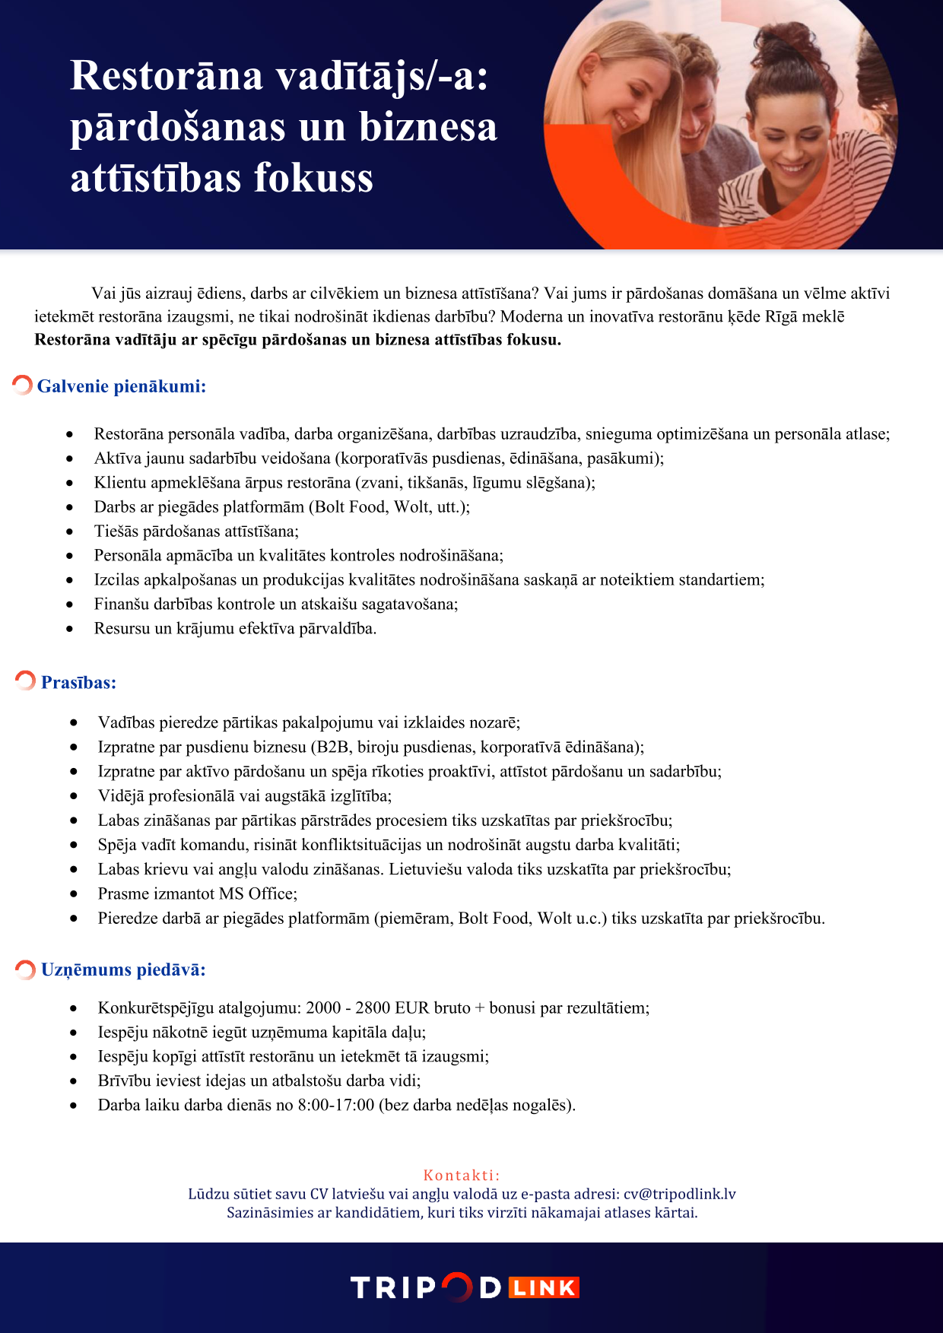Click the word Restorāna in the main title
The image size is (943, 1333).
coord(167,76)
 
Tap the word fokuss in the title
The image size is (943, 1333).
coord(313,178)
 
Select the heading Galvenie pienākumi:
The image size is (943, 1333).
coord(122,386)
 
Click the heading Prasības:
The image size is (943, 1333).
coord(78,683)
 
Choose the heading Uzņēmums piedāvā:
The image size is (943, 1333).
coord(123,970)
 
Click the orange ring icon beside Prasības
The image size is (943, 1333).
coord(25,680)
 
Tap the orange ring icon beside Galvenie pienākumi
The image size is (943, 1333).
coord(22,385)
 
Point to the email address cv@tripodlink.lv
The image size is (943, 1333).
coord(679,1194)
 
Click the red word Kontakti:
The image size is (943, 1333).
coord(461,1175)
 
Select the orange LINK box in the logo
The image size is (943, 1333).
coord(544,1287)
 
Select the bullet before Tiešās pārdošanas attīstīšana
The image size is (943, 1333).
coord(70,532)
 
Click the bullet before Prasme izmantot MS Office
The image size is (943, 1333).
coord(74,894)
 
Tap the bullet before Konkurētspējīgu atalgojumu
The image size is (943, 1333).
coord(74,1008)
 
